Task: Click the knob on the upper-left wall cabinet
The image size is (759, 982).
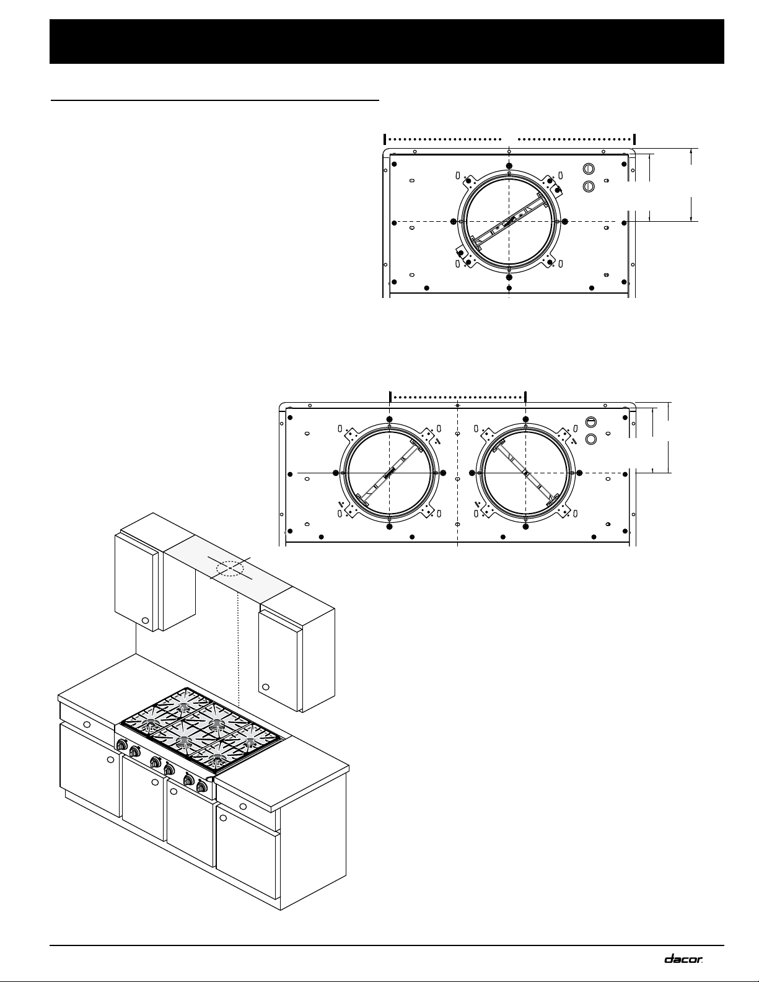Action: [145, 621]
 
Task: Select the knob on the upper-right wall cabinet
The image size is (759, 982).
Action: [266, 687]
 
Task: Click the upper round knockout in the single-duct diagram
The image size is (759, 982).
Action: [588, 169]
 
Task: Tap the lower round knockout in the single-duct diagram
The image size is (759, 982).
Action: [588, 186]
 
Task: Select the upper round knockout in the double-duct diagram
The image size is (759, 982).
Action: [591, 422]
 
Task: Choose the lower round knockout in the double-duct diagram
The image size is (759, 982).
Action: [591, 439]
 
